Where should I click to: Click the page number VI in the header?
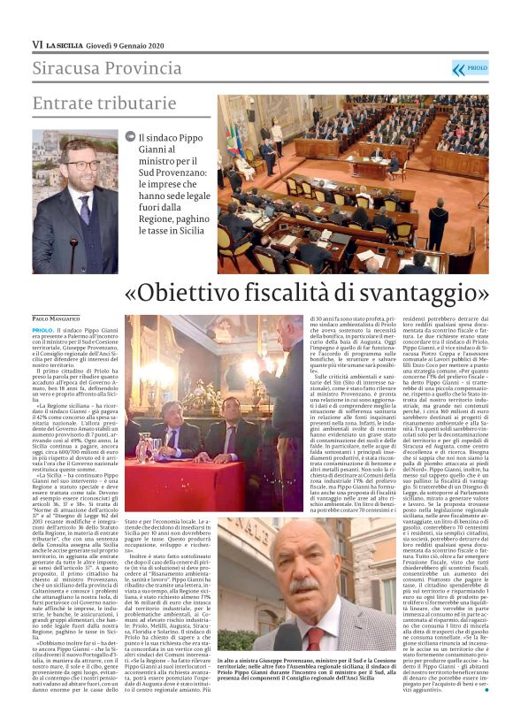(x=37, y=44)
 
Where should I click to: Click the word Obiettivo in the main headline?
(x=191, y=291)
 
